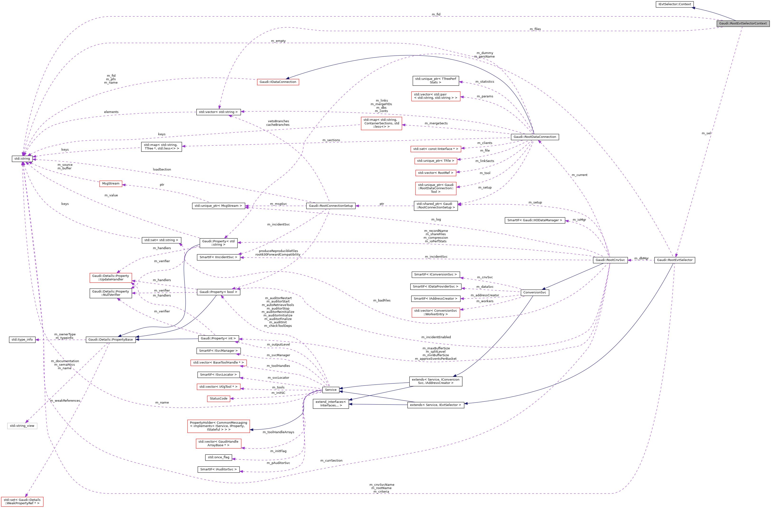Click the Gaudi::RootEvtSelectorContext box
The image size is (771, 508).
[x=743, y=23]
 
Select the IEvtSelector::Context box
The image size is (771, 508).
[x=675, y=4]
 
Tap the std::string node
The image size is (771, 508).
[x=22, y=159]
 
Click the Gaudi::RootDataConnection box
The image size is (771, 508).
[x=535, y=137]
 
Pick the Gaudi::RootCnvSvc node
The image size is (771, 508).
[x=610, y=260]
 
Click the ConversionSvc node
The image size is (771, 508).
[x=534, y=292]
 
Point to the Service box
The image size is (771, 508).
[x=331, y=390]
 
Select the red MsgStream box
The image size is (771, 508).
[x=111, y=183]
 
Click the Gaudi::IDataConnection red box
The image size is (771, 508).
[x=278, y=82]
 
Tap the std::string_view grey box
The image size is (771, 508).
[x=22, y=426]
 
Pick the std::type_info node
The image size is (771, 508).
[x=22, y=340]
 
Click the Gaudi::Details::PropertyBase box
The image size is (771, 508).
[x=111, y=340]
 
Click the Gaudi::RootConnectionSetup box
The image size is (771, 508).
[x=331, y=206]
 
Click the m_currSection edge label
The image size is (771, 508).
[x=331, y=460]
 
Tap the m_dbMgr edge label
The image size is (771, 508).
[x=641, y=258]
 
